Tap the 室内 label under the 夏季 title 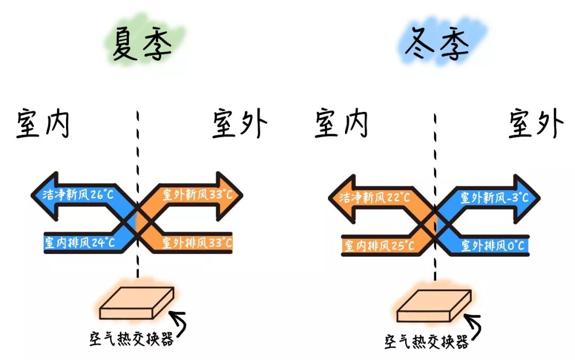[43, 124]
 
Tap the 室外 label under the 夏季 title [240, 124]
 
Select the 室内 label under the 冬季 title [341, 124]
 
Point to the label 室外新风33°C [198, 195]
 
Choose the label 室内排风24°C [80, 243]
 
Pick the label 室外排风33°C [197, 243]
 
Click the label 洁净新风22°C [376, 198]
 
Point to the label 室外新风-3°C [494, 198]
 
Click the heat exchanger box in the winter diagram [434, 307]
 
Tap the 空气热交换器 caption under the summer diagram [132, 339]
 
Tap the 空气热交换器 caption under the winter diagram [426, 341]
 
